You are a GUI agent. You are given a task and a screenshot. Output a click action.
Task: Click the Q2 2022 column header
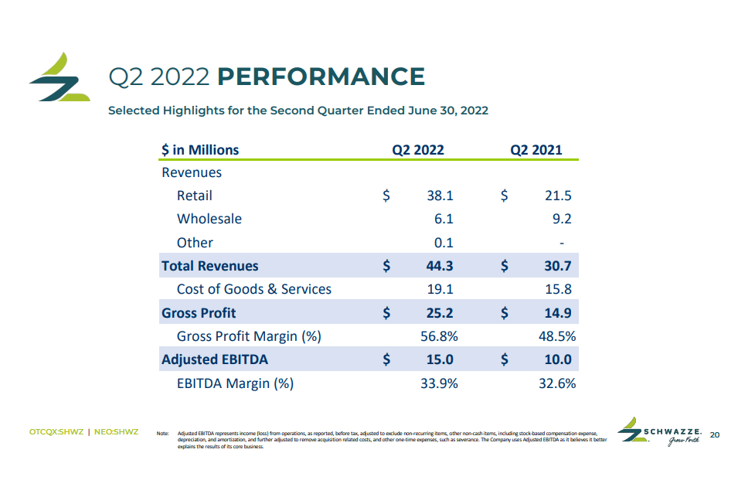tap(417, 150)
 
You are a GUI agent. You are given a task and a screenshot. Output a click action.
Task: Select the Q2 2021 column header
tap(536, 150)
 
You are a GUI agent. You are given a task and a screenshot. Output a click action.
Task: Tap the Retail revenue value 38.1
tap(440, 196)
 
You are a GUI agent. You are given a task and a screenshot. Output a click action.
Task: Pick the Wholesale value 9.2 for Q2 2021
tap(562, 219)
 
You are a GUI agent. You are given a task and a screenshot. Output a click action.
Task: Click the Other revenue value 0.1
tap(443, 243)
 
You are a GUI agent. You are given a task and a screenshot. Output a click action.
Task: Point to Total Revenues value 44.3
tap(440, 266)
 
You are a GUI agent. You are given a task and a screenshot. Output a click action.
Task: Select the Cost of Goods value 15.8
tap(558, 289)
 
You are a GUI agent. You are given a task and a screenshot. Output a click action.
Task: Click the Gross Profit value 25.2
tap(440, 313)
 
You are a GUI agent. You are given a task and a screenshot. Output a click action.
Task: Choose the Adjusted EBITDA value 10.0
tap(558, 359)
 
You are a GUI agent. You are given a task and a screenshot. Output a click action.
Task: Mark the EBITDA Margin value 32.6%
tap(556, 383)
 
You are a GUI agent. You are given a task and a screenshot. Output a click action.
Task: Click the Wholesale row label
tap(209, 219)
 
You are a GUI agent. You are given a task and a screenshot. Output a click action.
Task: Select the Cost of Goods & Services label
tap(253, 289)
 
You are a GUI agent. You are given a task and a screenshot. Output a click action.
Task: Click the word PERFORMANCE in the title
tap(321, 77)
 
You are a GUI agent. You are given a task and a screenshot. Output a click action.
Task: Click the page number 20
tap(714, 434)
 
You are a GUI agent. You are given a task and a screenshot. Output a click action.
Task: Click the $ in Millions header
tap(200, 150)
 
